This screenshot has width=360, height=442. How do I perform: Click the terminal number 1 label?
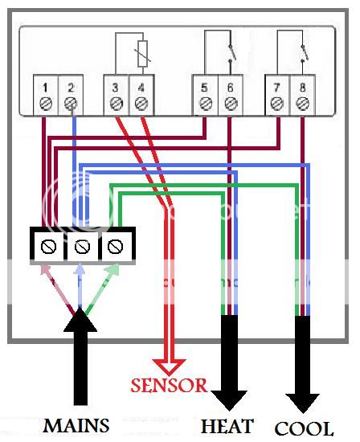pyautogui.click(x=45, y=88)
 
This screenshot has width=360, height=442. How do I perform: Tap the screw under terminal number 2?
pyautogui.click(x=70, y=104)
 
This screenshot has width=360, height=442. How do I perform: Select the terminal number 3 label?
pyautogui.click(x=115, y=88)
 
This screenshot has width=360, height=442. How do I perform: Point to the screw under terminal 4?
pyautogui.click(x=141, y=104)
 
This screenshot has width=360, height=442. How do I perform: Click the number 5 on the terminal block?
pyautogui.click(x=204, y=88)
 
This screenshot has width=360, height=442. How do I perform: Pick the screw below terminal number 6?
pyautogui.click(x=231, y=104)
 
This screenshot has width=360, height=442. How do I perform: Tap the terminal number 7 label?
pyautogui.click(x=277, y=88)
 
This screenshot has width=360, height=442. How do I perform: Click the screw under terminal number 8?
pyautogui.click(x=302, y=104)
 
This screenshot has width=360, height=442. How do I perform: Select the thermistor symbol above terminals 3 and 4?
pyautogui.click(x=143, y=54)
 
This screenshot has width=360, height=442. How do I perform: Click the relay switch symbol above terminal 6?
pyautogui.click(x=231, y=53)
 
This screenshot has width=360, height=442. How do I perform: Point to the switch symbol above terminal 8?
pyautogui.click(x=303, y=53)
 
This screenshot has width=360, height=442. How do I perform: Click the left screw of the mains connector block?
pyautogui.click(x=48, y=247)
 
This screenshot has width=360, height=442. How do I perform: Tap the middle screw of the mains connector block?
pyautogui.click(x=82, y=247)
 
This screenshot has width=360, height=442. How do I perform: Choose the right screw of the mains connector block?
pyautogui.click(x=115, y=247)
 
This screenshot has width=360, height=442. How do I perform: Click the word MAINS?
pyautogui.click(x=76, y=426)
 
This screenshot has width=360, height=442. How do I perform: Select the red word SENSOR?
pyautogui.click(x=169, y=385)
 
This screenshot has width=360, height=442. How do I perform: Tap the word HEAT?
pyautogui.click(x=227, y=426)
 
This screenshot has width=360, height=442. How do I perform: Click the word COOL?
pyautogui.click(x=304, y=428)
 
